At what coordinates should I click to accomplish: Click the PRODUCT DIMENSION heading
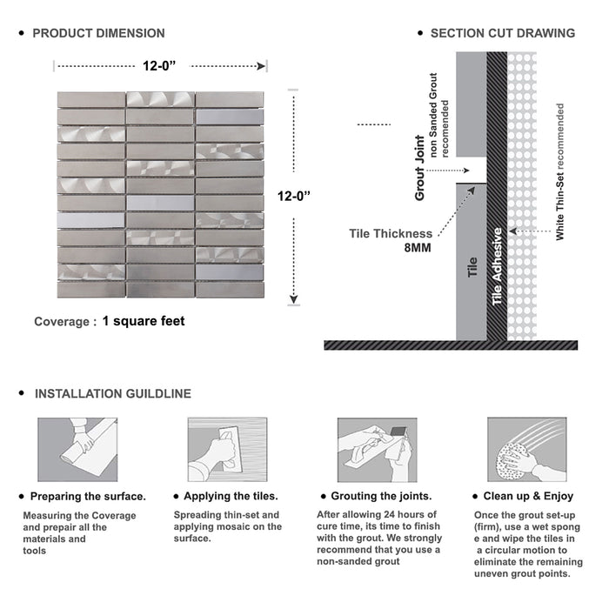coord(98,34)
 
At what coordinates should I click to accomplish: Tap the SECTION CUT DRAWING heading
coord(502,34)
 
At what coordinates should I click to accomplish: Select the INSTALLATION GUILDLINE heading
coord(112,394)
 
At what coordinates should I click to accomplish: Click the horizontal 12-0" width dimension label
coord(162,64)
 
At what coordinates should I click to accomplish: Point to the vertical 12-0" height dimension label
coord(295,197)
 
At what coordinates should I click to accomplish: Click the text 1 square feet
coord(144,321)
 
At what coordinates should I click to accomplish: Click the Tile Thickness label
coord(391,233)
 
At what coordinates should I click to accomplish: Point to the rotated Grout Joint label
coord(420,168)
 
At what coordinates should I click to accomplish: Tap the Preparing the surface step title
coord(88,497)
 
